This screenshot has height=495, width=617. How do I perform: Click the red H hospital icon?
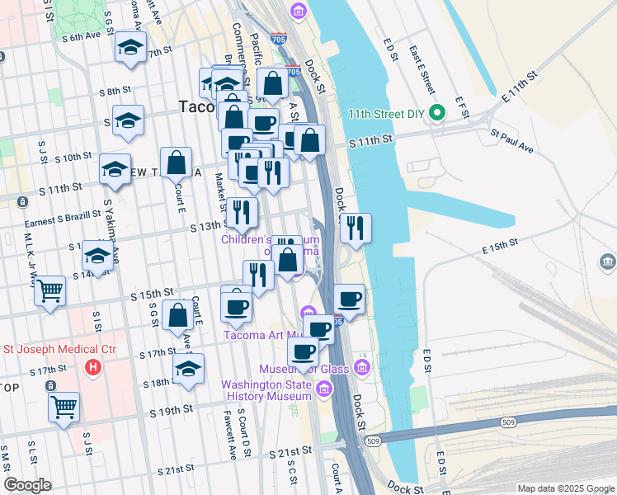click(x=94, y=365)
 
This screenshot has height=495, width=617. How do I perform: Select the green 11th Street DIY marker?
click(x=439, y=114)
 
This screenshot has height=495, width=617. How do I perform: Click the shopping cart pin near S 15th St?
click(x=50, y=291)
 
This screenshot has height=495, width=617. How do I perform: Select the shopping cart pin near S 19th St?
click(x=64, y=407)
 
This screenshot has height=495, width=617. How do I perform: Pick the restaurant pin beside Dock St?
click(x=356, y=229)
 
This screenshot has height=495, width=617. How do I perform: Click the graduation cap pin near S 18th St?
click(x=189, y=370)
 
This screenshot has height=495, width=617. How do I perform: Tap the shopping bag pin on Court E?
click(x=177, y=163)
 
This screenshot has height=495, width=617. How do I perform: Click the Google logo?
click(x=27, y=485)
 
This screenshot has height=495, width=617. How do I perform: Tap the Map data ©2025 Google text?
click(x=564, y=488)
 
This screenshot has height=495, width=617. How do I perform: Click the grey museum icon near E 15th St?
click(x=608, y=262)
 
